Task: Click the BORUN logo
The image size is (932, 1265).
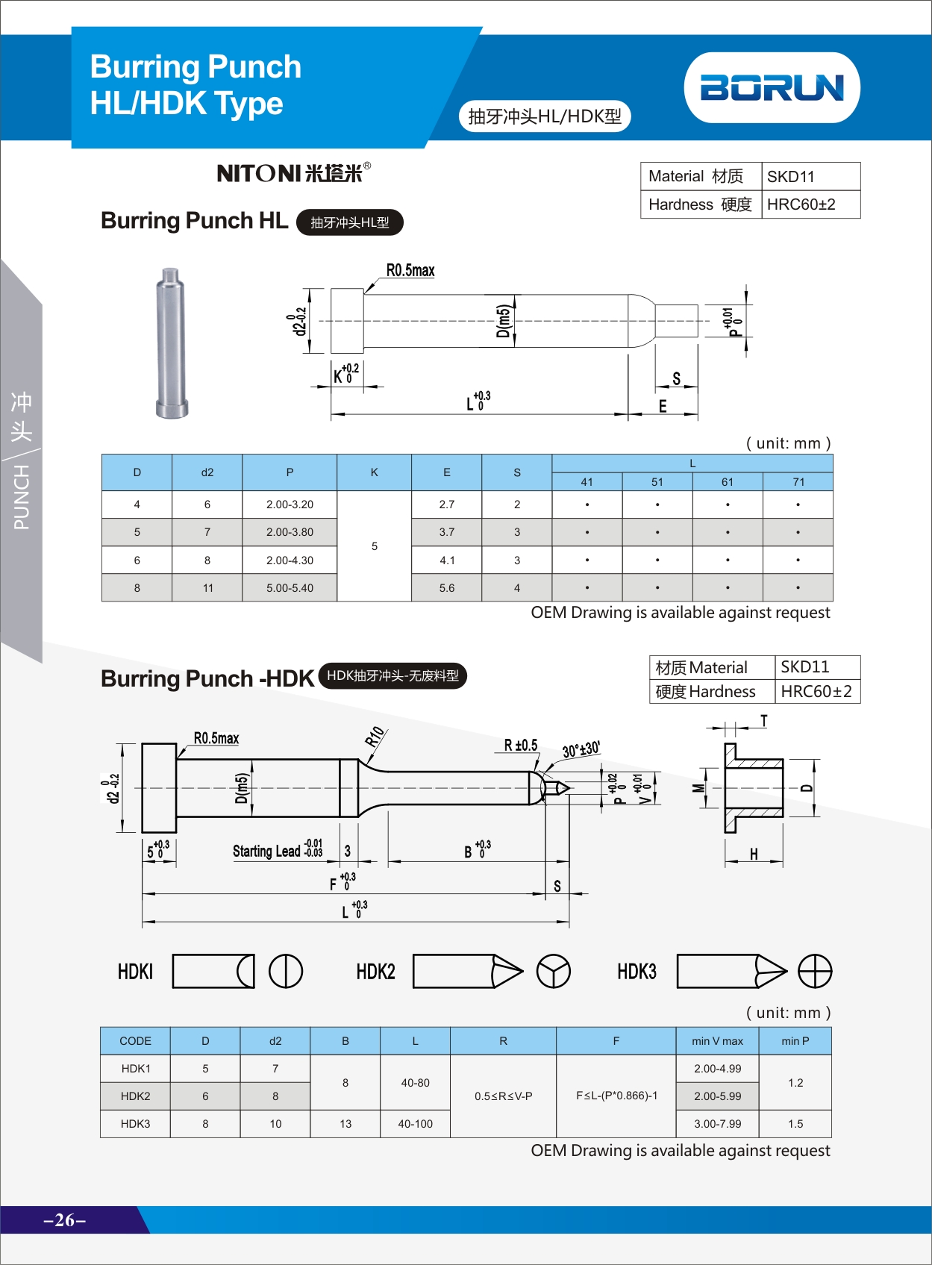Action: (x=772, y=87)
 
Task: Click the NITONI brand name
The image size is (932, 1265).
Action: (x=290, y=173)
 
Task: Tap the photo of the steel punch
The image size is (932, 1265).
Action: (x=171, y=343)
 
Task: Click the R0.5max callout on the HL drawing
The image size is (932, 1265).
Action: (x=410, y=270)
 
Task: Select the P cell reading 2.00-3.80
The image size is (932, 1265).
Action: (x=290, y=532)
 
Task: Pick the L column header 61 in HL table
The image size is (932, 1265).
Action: (x=727, y=482)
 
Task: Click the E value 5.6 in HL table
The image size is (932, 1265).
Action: (x=446, y=588)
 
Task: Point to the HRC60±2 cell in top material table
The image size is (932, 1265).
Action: (x=801, y=204)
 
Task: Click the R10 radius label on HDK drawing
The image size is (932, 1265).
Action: (x=375, y=737)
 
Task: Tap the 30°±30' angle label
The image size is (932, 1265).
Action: (x=581, y=749)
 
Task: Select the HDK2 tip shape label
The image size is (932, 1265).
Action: (x=375, y=972)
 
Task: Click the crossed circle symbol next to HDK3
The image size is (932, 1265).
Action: (x=814, y=972)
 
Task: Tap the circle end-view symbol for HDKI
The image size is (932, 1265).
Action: (x=286, y=972)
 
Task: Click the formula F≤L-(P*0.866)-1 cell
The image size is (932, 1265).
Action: (x=616, y=1096)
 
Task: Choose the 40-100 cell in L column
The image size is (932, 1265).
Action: (x=415, y=1124)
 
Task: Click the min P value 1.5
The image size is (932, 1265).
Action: (x=795, y=1124)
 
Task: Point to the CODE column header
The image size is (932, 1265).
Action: (x=135, y=1041)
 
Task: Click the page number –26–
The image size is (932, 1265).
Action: (x=65, y=1220)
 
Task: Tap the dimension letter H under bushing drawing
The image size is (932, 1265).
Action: (x=754, y=855)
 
